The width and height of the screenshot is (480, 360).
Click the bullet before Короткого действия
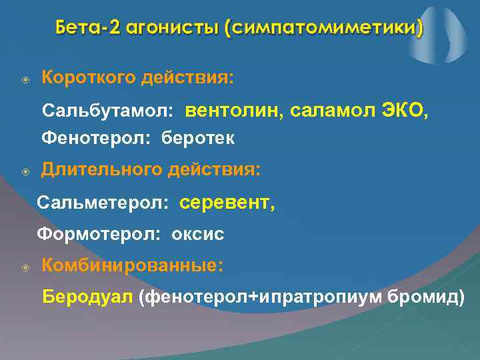pyautogui.click(x=25, y=79)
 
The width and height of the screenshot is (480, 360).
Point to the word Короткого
pyautogui.click(x=88, y=78)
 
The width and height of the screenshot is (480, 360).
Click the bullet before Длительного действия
pyautogui.click(x=25, y=172)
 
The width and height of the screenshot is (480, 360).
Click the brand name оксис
pyautogui.click(x=198, y=234)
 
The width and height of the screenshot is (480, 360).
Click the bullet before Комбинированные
pyautogui.click(x=25, y=267)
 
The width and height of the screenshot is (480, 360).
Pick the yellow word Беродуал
pyautogui.click(x=88, y=297)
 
